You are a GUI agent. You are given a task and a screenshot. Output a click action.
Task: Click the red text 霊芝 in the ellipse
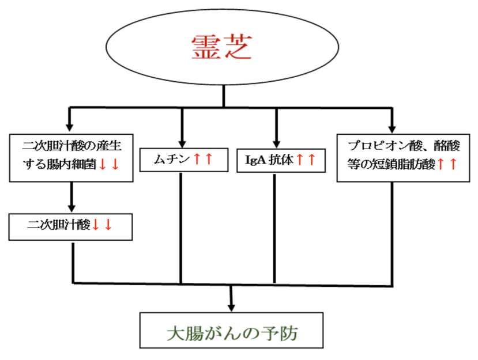(222, 48)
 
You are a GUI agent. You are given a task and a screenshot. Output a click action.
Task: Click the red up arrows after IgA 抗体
(306, 160)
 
